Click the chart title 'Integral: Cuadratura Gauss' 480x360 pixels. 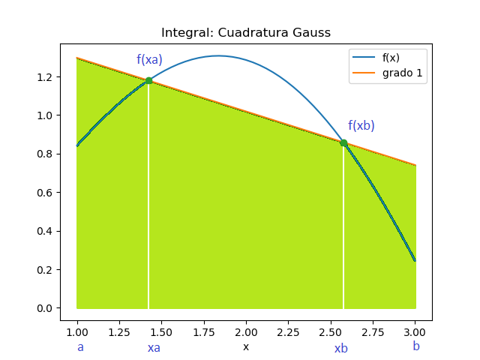click(x=246, y=33)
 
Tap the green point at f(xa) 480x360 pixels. click(x=148, y=80)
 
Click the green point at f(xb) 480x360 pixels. click(x=343, y=142)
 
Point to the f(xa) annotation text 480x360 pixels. click(x=149, y=60)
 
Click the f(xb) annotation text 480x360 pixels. click(x=361, y=126)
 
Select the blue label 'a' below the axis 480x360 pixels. click(x=80, y=347)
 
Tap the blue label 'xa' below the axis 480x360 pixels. click(x=154, y=348)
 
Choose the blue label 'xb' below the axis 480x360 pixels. click(x=341, y=349)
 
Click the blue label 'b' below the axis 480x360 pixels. click(x=416, y=346)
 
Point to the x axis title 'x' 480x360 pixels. click(x=246, y=347)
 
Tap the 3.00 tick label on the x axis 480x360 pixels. click(x=415, y=331)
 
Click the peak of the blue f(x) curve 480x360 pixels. click(x=218, y=55)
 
